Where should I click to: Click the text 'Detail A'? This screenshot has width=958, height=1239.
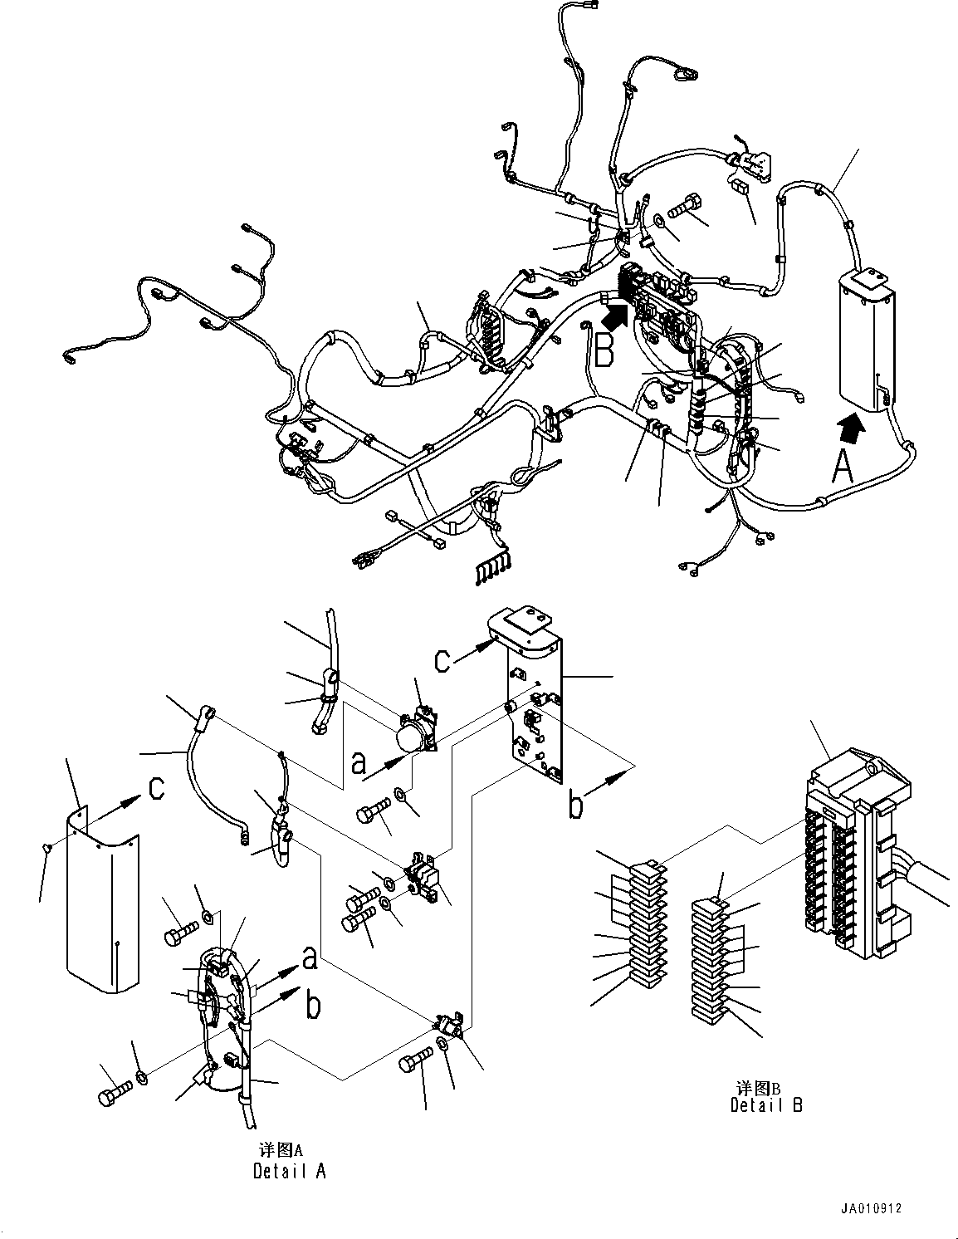click(x=289, y=1171)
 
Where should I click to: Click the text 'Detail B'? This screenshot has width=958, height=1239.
click(x=766, y=1104)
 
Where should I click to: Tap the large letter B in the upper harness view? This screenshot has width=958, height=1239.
click(x=604, y=350)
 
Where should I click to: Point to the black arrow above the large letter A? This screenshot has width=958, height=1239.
click(x=851, y=429)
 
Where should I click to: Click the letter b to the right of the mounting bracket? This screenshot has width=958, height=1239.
click(x=577, y=806)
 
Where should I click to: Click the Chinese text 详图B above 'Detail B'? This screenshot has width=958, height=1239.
click(x=754, y=1087)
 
